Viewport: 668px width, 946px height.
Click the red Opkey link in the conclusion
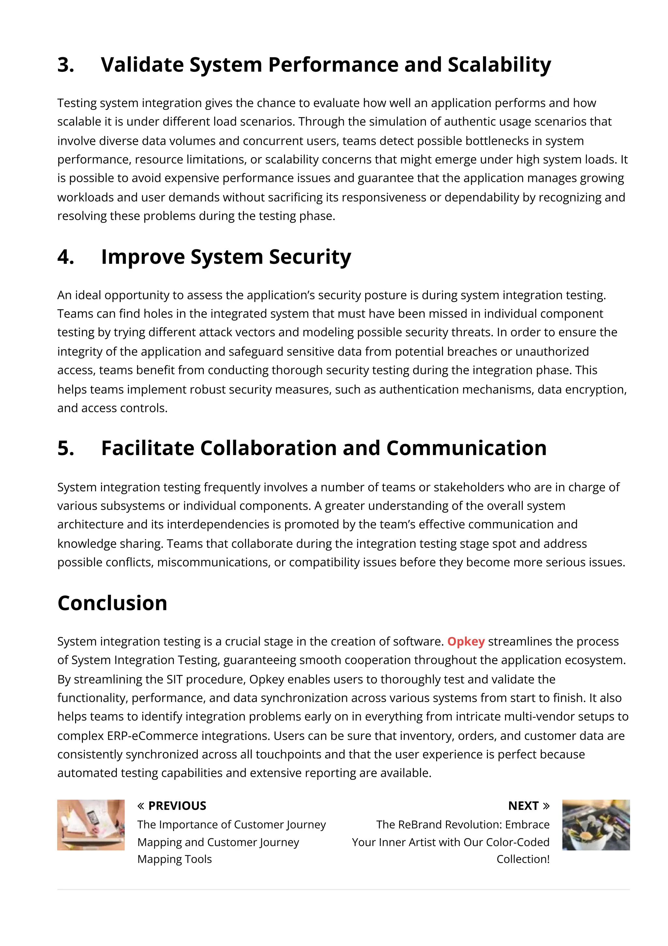click(465, 641)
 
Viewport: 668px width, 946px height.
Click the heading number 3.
click(66, 65)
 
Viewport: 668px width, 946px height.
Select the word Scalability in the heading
click(499, 65)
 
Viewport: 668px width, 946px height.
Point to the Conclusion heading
click(112, 603)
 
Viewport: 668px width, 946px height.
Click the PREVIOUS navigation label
click(177, 806)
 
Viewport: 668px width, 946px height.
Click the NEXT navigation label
click(523, 806)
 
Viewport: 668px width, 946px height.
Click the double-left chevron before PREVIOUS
click(141, 806)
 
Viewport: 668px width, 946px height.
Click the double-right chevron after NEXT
click(546, 806)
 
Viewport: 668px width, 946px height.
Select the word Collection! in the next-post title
click(523, 859)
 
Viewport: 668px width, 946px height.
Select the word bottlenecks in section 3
click(496, 141)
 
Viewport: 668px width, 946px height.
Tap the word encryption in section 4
click(594, 389)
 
